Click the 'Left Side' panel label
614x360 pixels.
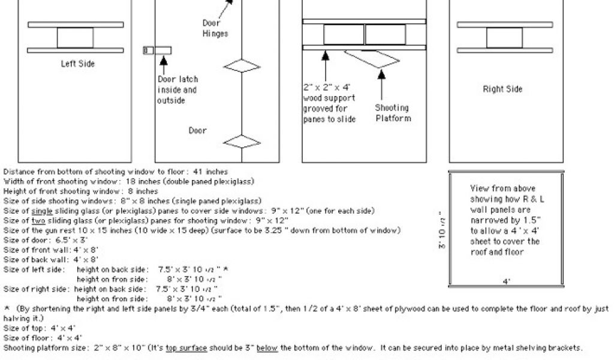click(x=77, y=64)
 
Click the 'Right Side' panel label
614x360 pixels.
click(x=502, y=89)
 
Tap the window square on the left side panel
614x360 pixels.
click(x=75, y=37)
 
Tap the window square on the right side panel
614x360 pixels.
click(x=504, y=37)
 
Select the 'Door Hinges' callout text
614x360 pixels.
click(x=215, y=28)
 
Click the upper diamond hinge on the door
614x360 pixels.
click(x=242, y=65)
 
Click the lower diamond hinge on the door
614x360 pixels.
click(x=242, y=142)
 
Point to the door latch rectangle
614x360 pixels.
click(x=163, y=50)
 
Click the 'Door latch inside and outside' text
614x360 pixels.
click(x=177, y=90)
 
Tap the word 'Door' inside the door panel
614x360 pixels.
click(x=197, y=130)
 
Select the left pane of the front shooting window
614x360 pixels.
click(x=343, y=34)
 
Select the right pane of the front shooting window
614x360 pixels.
click(x=386, y=34)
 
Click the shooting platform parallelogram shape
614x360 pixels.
click(x=372, y=58)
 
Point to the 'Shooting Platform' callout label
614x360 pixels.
click(x=393, y=113)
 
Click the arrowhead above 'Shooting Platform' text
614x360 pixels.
click(x=381, y=74)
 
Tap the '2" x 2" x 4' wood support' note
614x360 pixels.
click(x=329, y=103)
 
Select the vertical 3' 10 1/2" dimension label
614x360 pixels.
click(x=442, y=230)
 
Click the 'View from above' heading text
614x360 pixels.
click(x=502, y=188)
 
